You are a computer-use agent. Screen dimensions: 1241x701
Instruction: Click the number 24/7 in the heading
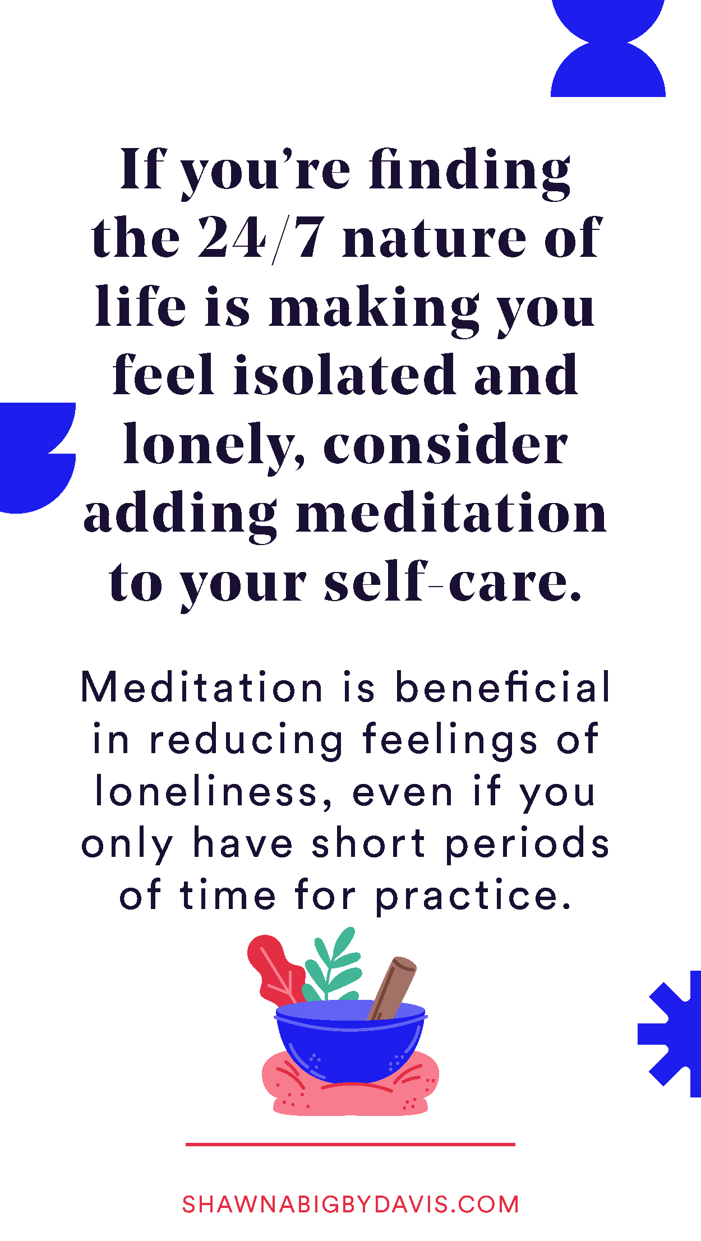point(261,238)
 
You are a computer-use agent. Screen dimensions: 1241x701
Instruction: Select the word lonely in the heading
point(214,444)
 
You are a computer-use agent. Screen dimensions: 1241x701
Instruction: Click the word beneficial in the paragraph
point(502,687)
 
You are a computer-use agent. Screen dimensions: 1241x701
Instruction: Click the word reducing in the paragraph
point(246,740)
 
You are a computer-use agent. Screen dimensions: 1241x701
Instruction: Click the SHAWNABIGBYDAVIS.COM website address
point(350,1205)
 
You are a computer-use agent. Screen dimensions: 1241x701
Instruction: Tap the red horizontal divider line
point(350,1144)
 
